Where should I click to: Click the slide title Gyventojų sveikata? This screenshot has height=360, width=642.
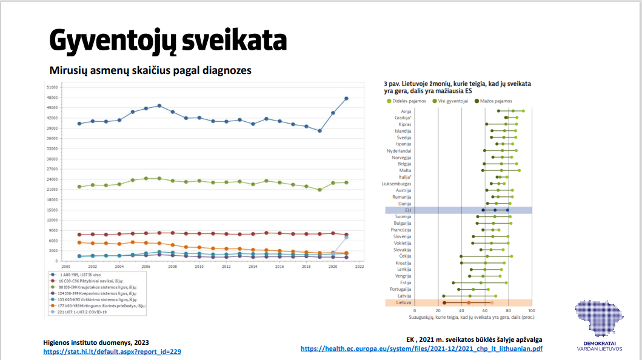[167, 40]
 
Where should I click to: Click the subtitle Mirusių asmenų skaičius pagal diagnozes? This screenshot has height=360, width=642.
[150, 70]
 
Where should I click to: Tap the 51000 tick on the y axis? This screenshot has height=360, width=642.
[52, 87]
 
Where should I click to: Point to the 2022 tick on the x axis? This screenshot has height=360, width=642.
[359, 266]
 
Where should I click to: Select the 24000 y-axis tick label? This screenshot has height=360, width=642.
[52, 179]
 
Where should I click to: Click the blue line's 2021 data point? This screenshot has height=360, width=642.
[346, 98]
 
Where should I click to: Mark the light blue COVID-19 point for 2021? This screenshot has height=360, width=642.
[346, 238]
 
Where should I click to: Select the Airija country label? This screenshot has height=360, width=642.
[406, 111]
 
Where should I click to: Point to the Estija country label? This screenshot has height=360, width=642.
[406, 282]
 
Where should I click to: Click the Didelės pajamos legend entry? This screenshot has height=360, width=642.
[409, 101]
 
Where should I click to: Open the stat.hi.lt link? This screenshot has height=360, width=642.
[112, 352]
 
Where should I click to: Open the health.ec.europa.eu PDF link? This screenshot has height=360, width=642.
[421, 349]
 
